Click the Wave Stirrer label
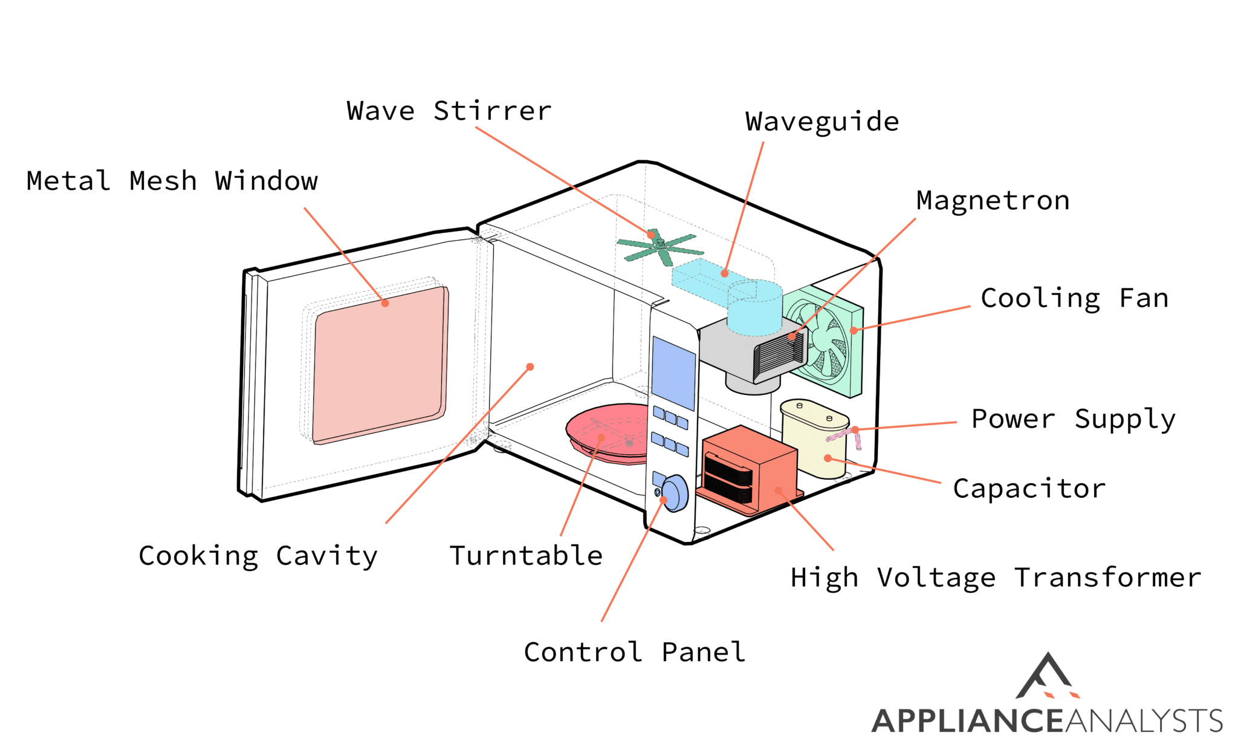pos(449,111)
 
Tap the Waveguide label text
pos(822,122)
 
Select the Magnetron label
pos(993,201)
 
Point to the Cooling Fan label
pos(1074,299)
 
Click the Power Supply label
pos(1074,419)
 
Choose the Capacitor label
pos(1029,489)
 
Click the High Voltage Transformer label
pos(996,578)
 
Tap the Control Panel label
pos(634,652)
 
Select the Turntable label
pos(526,556)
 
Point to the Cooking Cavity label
pos(258,556)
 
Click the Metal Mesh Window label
pos(172,181)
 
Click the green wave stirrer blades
pos(660,247)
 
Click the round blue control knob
pos(675,493)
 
